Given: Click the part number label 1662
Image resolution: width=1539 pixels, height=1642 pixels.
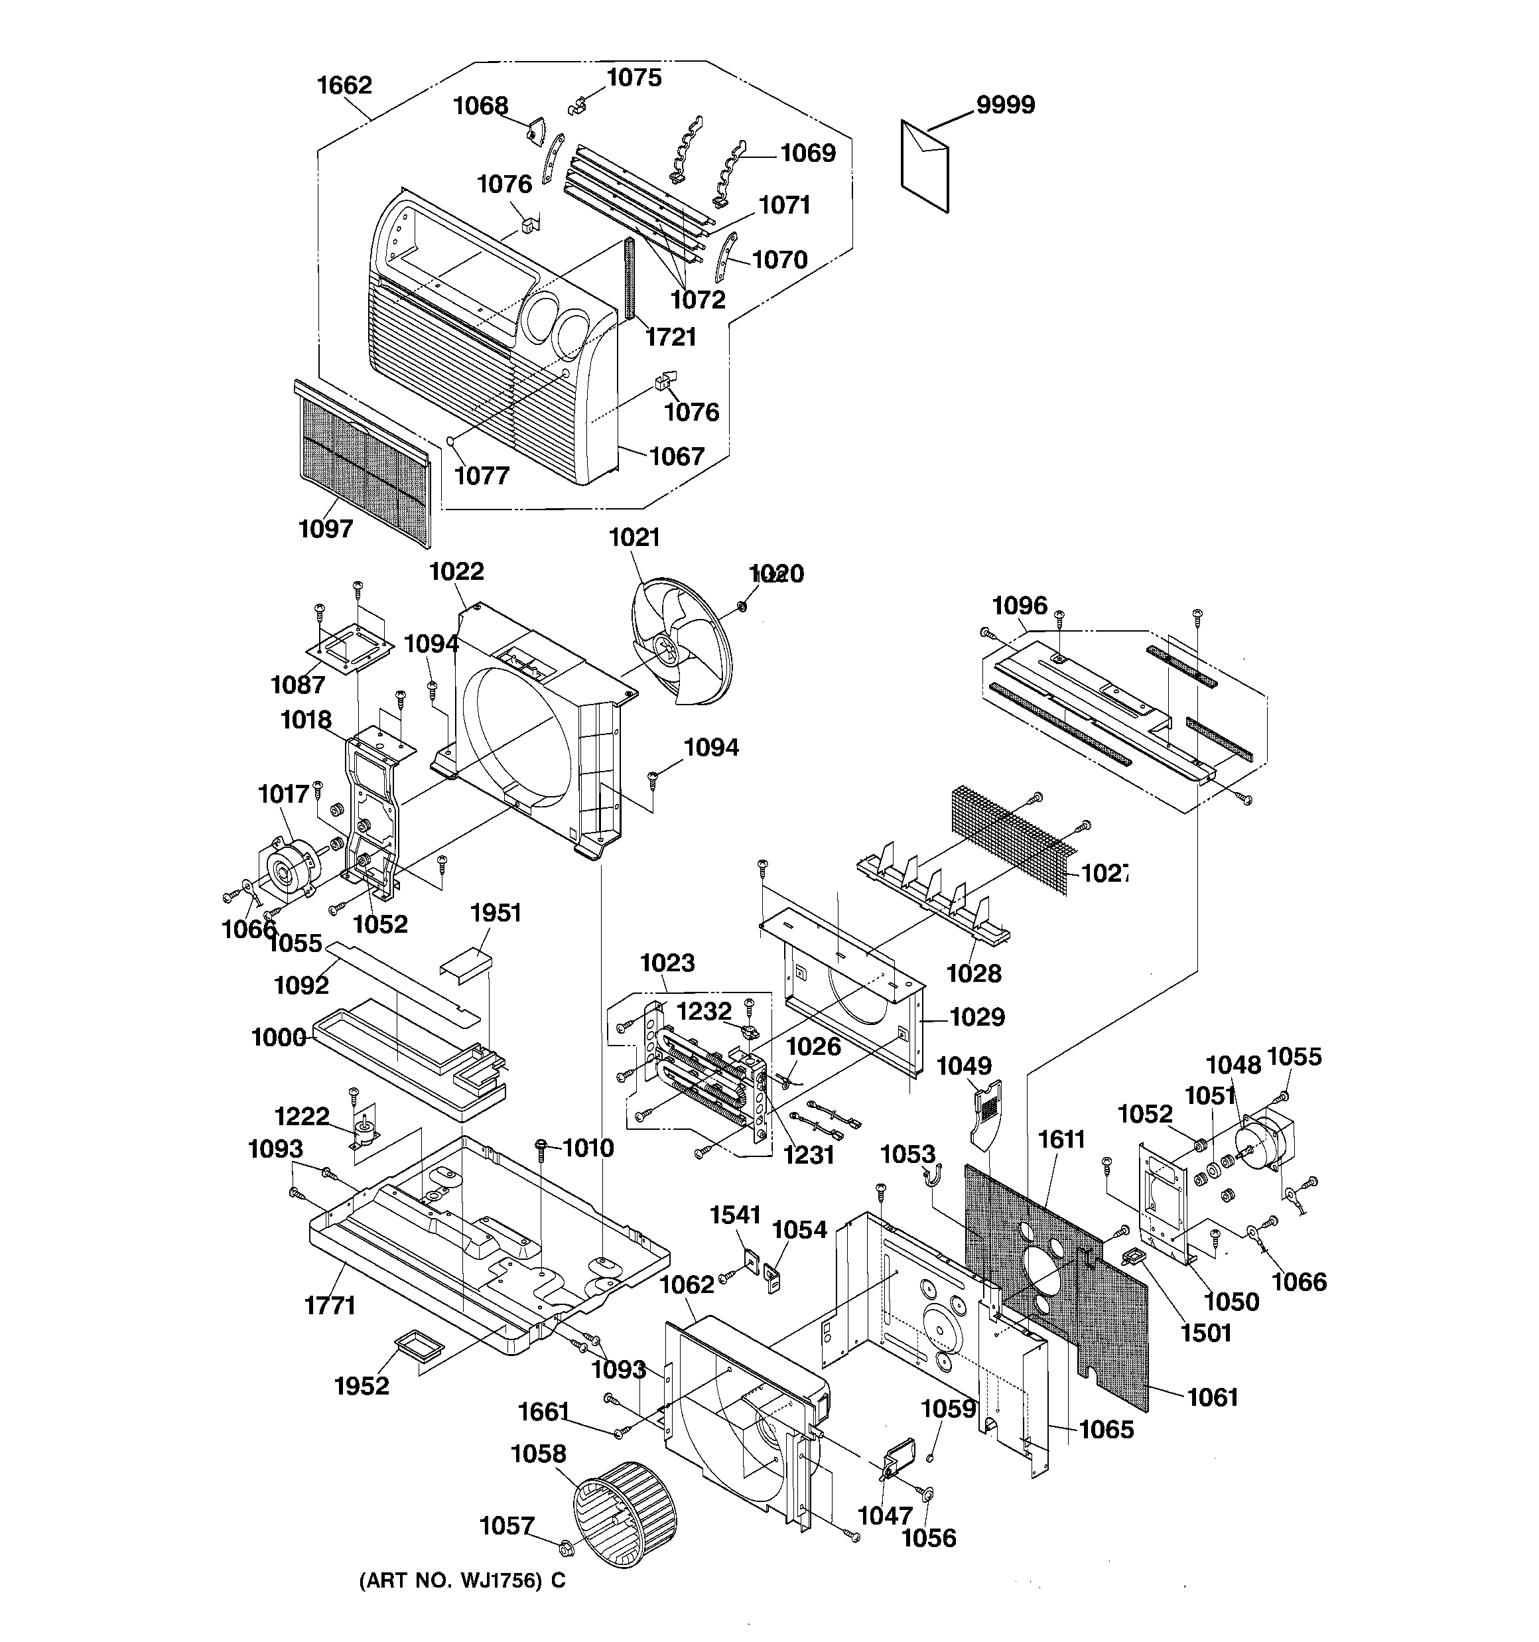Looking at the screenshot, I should click(x=344, y=85).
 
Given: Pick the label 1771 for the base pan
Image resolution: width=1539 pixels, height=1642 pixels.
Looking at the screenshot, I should click(x=330, y=1306).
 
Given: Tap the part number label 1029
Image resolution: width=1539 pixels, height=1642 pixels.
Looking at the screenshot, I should click(x=976, y=1017).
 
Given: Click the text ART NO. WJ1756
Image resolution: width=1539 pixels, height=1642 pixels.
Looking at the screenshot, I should click(x=462, y=1581).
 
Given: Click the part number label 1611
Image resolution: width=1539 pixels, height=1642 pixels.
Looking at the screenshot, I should click(x=1061, y=1139).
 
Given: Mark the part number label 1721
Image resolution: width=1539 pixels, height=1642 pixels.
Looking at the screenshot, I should click(x=671, y=337).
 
